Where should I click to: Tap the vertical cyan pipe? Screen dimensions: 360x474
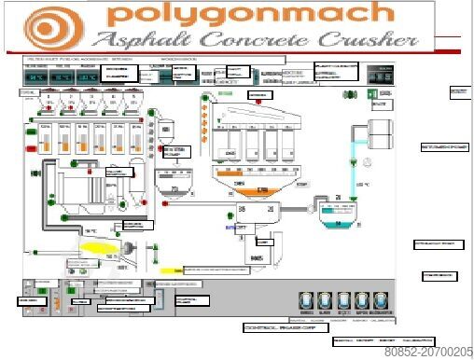[354, 168]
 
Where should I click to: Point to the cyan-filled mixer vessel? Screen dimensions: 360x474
[332, 216]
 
